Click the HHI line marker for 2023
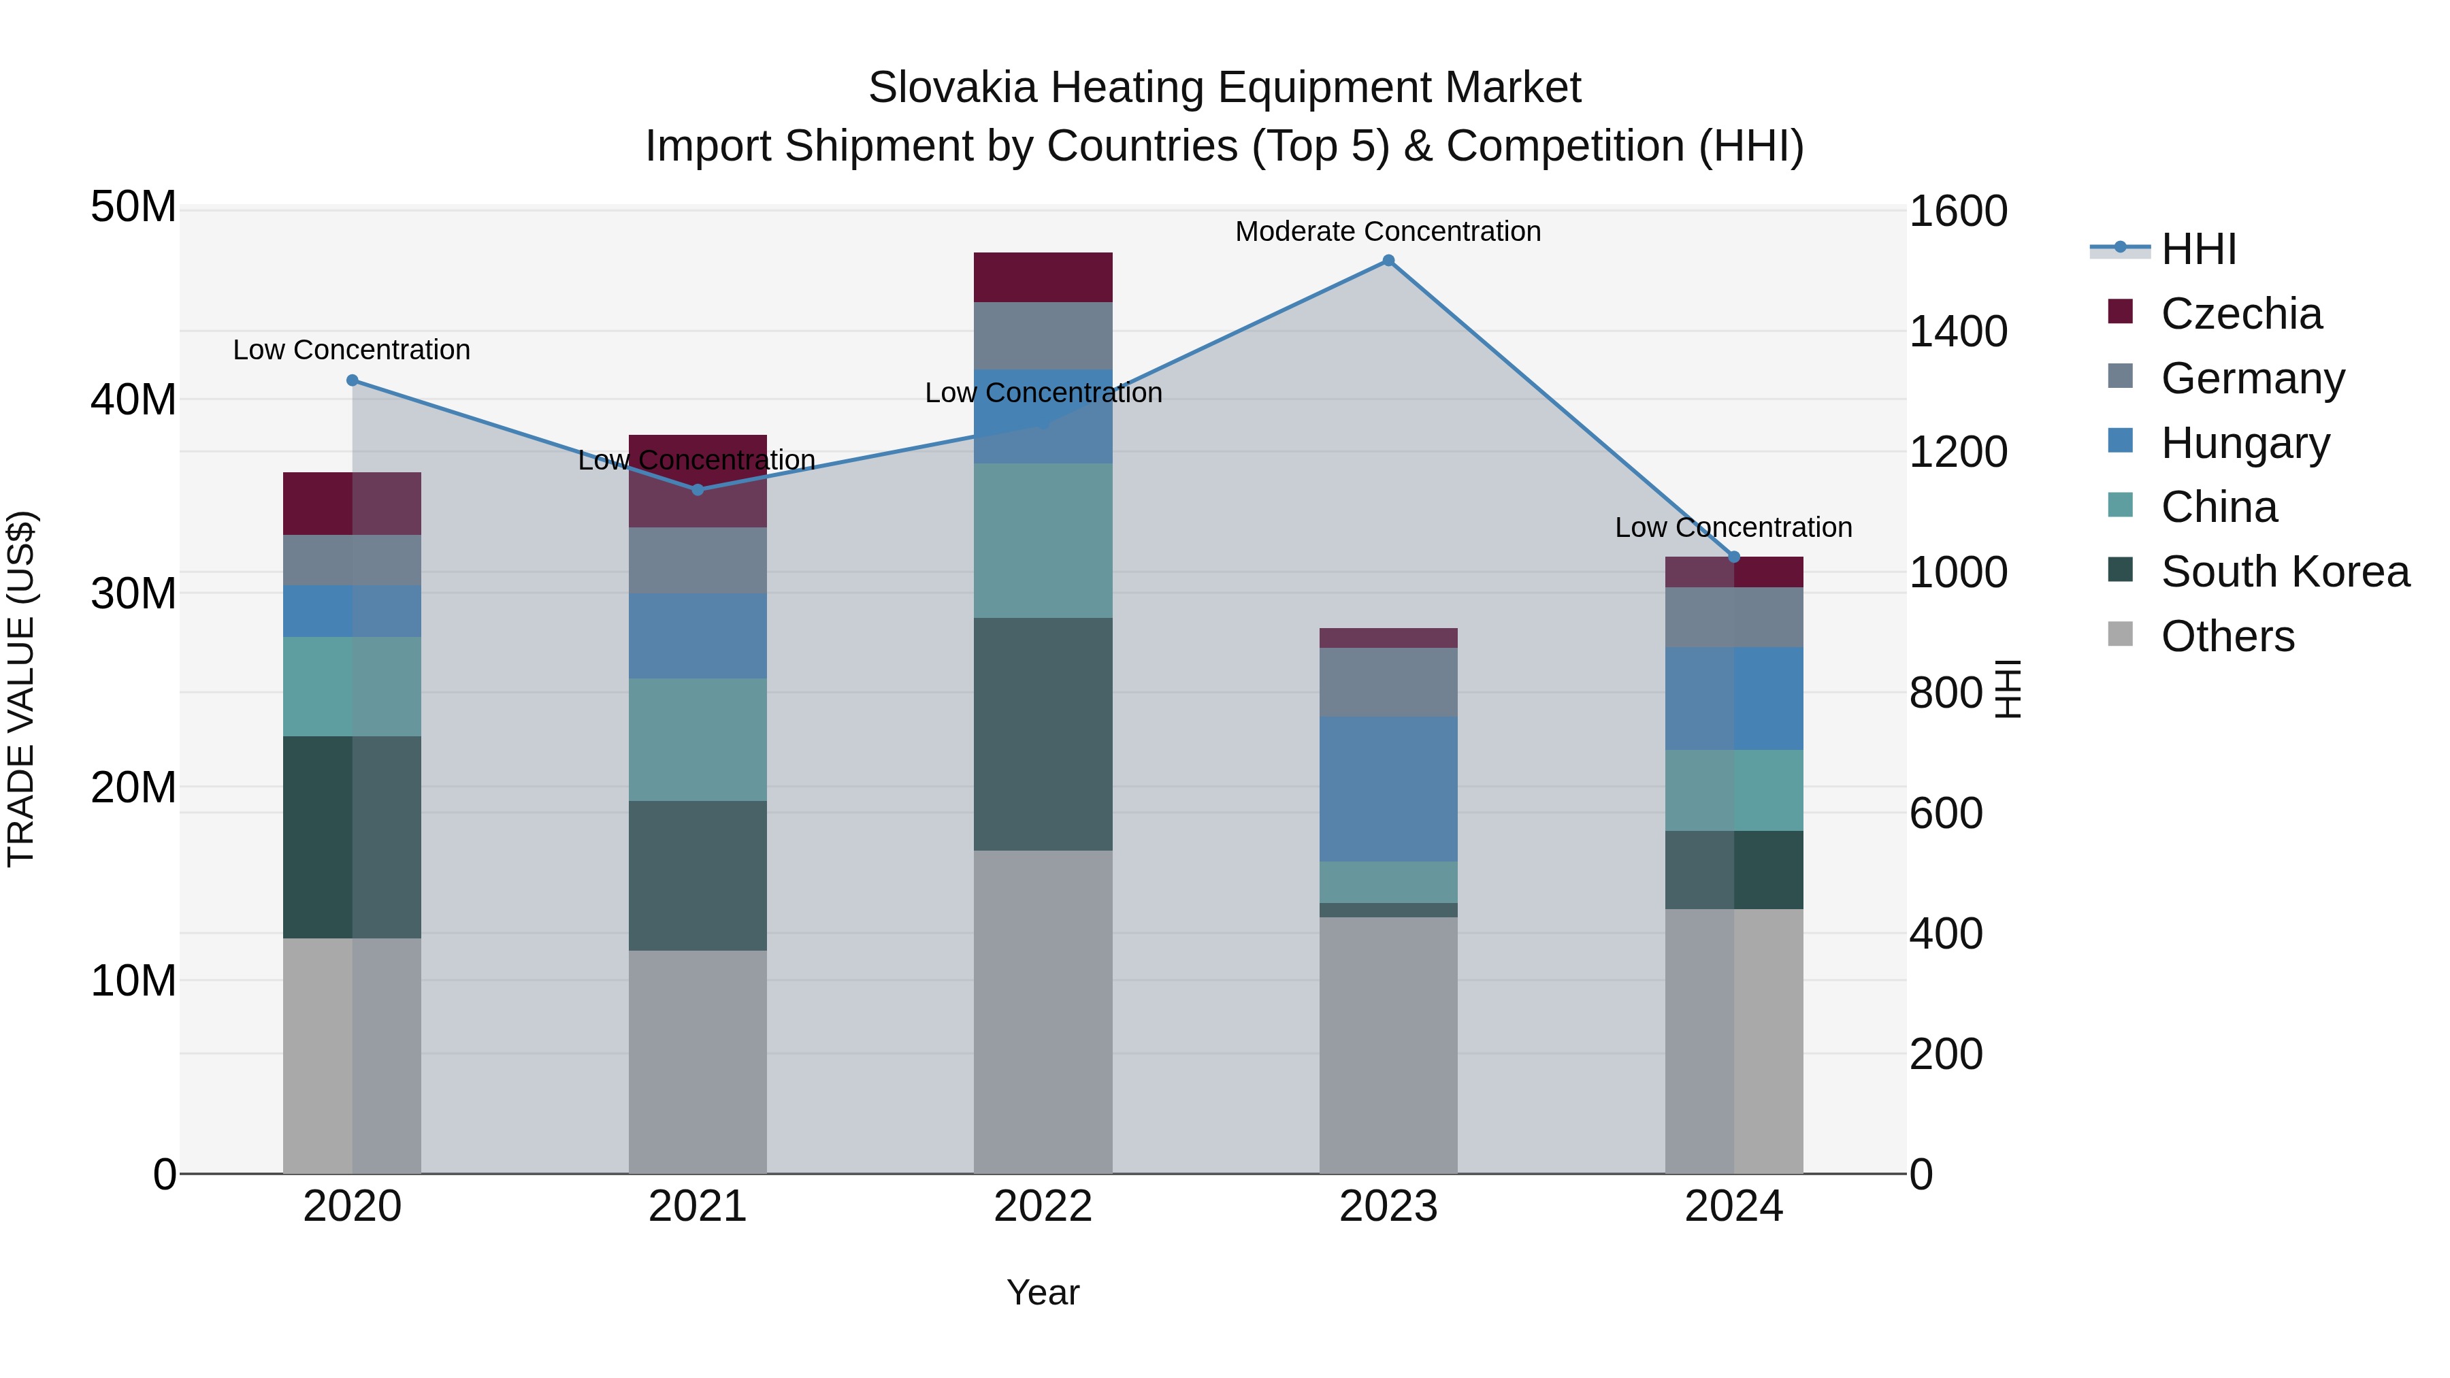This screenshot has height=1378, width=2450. coord(1388,261)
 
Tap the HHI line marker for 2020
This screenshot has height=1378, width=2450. coord(352,380)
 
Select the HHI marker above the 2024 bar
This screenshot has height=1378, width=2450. coord(1733,557)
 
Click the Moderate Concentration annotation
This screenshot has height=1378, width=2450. coord(1388,231)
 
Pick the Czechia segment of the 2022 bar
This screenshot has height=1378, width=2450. coord(1043,277)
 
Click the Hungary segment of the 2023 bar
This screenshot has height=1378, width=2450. coord(1388,789)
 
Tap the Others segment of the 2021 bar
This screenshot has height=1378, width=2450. coord(697,1062)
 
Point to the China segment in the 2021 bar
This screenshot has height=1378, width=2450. coord(697,739)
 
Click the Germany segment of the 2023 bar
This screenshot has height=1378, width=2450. coord(1388,682)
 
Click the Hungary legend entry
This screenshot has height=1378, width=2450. coord(2244,443)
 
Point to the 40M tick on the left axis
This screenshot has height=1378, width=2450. coord(133,399)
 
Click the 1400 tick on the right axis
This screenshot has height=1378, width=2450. coord(1958,332)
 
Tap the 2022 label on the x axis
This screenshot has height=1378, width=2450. coord(1043,1207)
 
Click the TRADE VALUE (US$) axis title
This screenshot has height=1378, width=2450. coord(21,689)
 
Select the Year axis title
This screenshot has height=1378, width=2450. coord(1043,1292)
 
